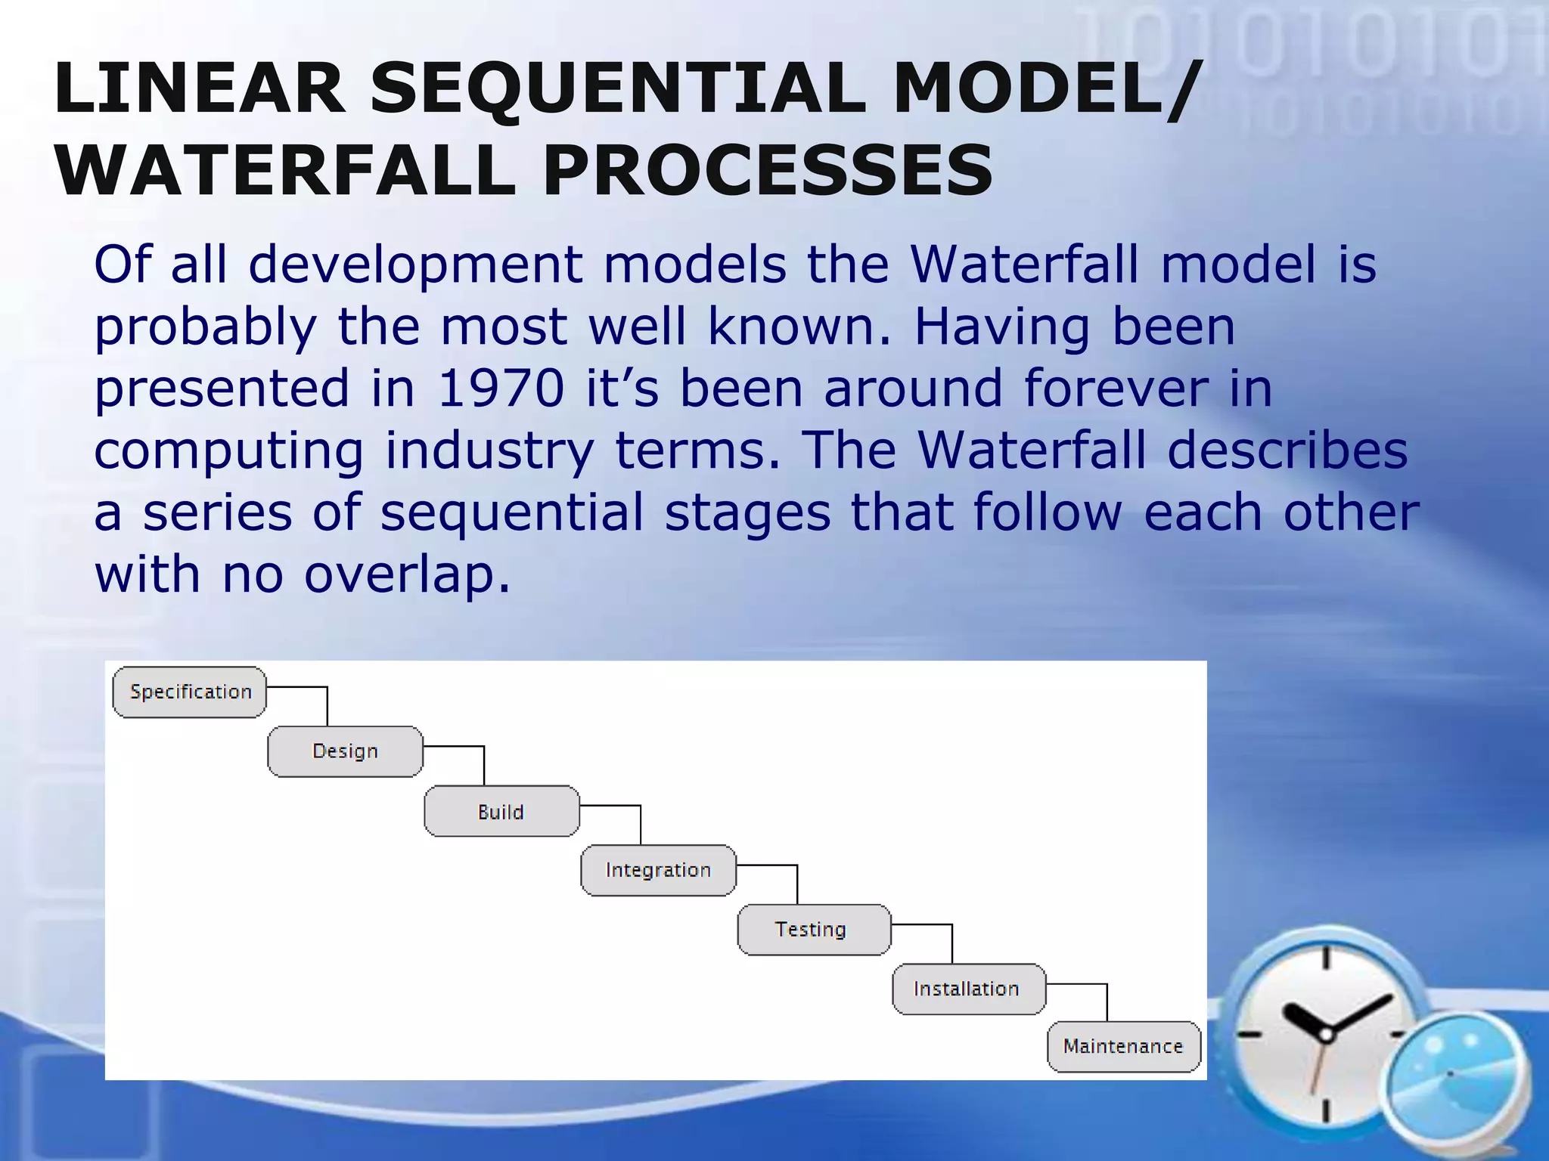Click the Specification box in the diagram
(x=190, y=692)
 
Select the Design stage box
(x=345, y=751)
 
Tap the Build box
(x=501, y=811)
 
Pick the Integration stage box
(x=658, y=870)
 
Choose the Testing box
(x=814, y=930)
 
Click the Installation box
(x=969, y=989)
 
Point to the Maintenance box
(x=1124, y=1047)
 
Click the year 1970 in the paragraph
(x=501, y=389)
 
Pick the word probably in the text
(x=205, y=328)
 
